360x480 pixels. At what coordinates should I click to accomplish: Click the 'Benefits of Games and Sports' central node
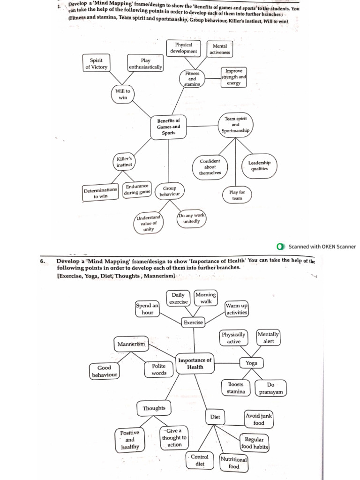pos(169,127)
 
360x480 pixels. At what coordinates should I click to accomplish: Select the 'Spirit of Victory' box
pos(96,63)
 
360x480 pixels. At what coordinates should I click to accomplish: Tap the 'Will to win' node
pos(123,94)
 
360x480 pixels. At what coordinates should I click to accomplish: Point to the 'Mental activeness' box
pos(220,49)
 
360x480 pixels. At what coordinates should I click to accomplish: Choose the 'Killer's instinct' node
pos(124,162)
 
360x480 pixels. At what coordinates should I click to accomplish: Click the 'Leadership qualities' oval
pos(259,166)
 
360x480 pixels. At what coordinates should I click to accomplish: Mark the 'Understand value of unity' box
pos(149,224)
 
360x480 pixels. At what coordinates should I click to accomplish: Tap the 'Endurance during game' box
pos(137,189)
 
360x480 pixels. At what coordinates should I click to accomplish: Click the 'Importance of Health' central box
pos(195,364)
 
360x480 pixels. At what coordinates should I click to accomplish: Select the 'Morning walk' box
pos(206,298)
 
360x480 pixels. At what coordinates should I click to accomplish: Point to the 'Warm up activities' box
pos(237,309)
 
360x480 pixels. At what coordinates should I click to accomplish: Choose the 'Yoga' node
pos(252,363)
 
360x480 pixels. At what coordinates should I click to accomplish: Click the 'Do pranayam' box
pos(271,388)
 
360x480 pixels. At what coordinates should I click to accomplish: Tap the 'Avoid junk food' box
pos(259,419)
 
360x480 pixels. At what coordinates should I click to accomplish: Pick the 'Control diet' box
pos(200,460)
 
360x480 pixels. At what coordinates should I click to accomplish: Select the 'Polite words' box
pos(159,369)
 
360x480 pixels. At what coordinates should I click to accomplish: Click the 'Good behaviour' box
pos(104,371)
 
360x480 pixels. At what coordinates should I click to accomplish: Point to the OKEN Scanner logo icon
pos(281,247)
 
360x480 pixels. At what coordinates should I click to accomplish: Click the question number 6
pos(42,262)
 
